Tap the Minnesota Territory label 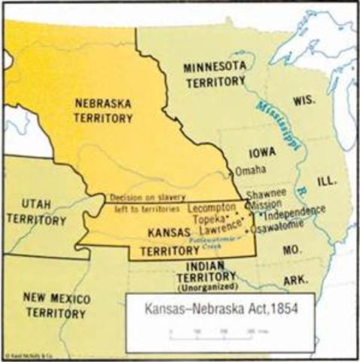coord(215,75)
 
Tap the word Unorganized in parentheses coord(205,290)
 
